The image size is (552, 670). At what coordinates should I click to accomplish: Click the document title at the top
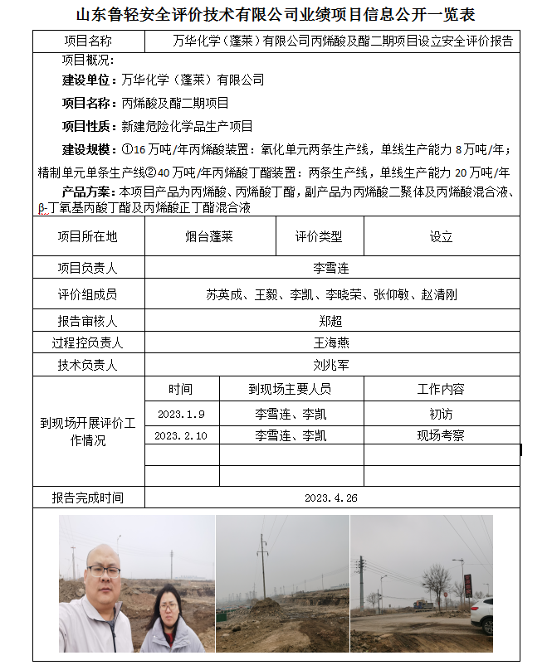click(x=276, y=15)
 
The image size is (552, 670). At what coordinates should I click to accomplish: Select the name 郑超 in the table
click(x=330, y=321)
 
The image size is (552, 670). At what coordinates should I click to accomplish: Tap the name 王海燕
click(x=330, y=342)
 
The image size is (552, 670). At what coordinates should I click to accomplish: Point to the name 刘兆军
click(x=330, y=365)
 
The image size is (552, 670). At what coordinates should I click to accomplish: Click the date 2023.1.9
click(x=181, y=413)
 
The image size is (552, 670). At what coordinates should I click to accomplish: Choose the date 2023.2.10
click(x=181, y=435)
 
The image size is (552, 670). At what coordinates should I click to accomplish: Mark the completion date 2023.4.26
click(x=330, y=498)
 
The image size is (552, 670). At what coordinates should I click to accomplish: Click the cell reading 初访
click(x=441, y=413)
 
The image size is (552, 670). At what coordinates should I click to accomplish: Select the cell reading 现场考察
click(x=441, y=435)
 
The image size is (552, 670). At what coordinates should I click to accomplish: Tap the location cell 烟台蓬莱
click(x=208, y=236)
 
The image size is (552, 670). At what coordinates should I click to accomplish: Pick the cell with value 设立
click(x=441, y=236)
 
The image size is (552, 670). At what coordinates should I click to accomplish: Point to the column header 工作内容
click(x=441, y=389)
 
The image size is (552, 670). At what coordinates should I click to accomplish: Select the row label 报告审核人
click(x=87, y=321)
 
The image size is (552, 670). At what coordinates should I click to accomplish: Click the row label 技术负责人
click(x=87, y=365)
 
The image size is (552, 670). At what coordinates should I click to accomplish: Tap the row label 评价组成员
click(x=87, y=294)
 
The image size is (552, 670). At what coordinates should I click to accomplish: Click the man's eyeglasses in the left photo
click(x=103, y=571)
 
